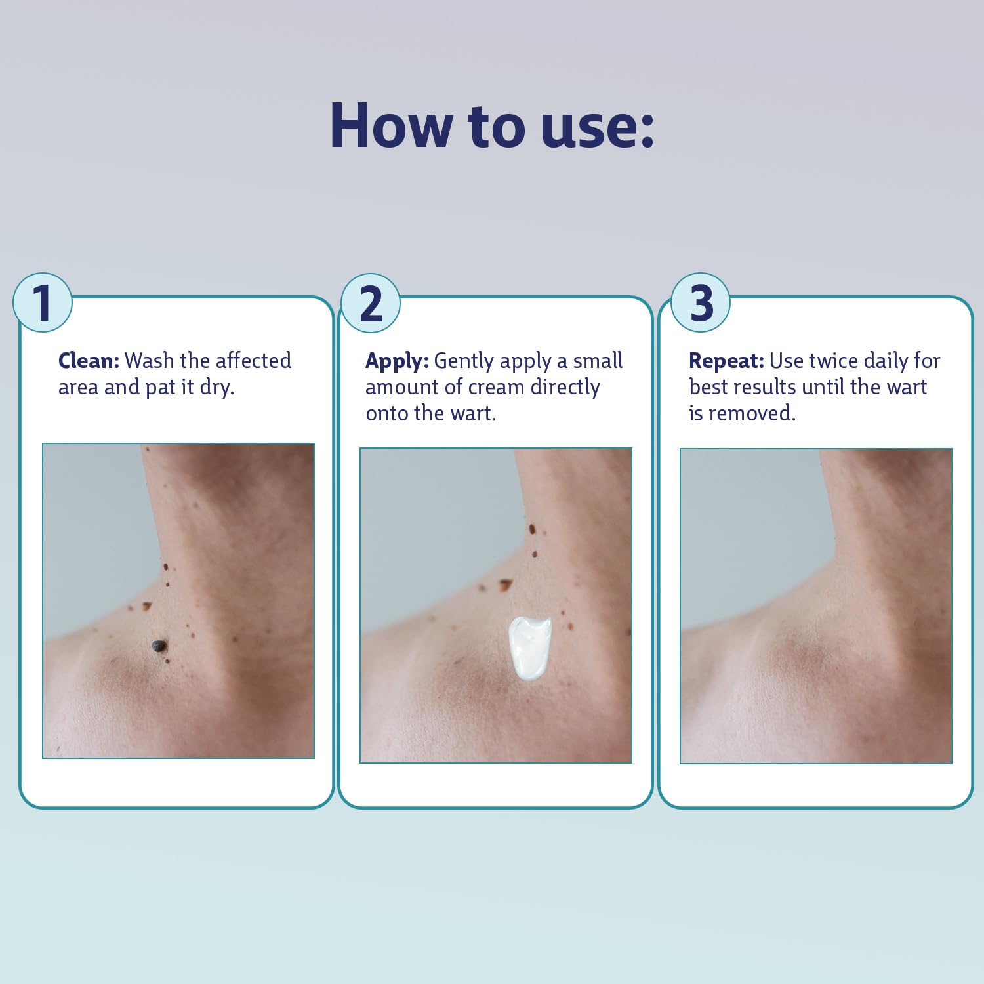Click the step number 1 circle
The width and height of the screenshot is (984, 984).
[43, 302]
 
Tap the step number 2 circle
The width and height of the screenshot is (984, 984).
[371, 302]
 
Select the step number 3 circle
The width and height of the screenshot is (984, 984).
[701, 302]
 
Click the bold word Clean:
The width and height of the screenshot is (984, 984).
[89, 361]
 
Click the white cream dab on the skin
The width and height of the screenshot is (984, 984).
[530, 647]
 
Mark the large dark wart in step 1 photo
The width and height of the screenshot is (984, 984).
[159, 647]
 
